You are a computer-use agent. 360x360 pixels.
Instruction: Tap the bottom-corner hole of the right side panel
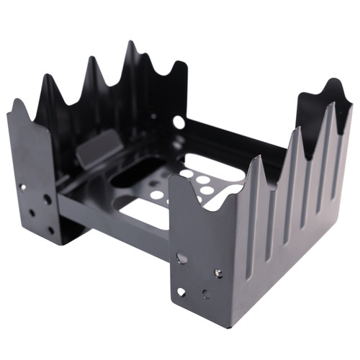click(181, 292)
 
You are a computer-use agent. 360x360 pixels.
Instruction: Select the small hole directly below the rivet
click(206, 294)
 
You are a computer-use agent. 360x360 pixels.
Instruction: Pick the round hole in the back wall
click(179, 122)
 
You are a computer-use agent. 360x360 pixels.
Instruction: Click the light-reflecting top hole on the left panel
click(24, 187)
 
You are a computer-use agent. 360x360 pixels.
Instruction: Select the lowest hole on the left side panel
click(50, 230)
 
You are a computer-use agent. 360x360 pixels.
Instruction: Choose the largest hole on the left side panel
click(47, 199)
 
